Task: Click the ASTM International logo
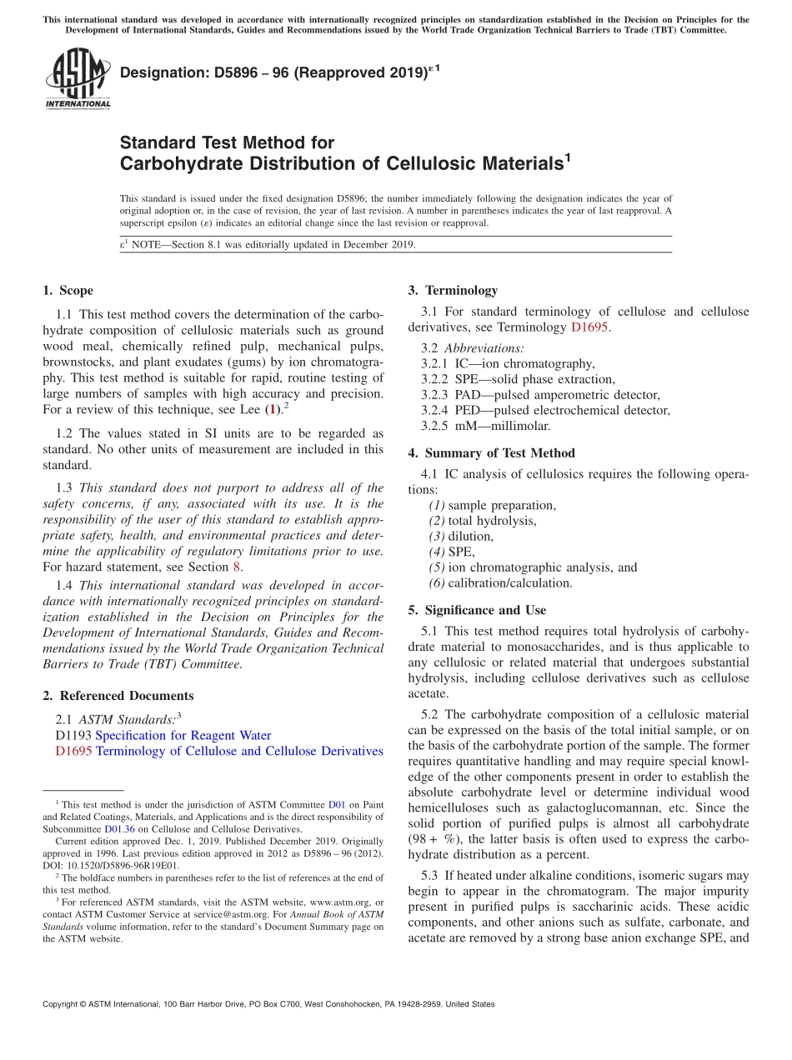77,78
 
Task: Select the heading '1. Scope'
68,291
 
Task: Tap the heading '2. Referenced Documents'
118,696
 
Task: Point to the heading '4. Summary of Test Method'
491,453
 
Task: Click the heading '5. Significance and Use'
477,610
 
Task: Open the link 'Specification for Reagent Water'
183,735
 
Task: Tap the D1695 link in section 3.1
589,327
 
